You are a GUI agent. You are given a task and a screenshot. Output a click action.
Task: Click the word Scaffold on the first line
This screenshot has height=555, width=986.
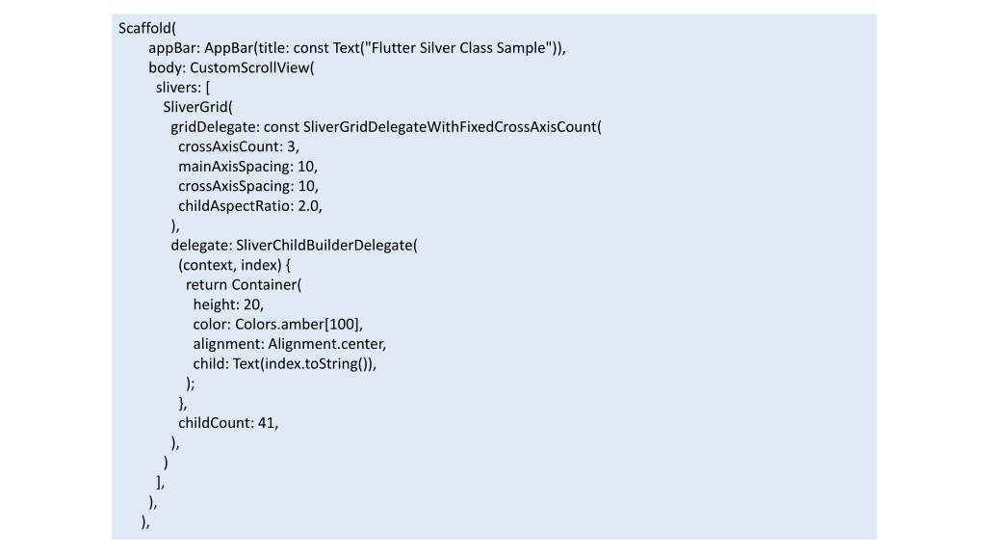145,28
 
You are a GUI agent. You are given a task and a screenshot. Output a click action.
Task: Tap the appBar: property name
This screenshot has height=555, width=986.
174,48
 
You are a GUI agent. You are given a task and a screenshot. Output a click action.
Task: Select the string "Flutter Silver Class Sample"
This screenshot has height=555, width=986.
458,48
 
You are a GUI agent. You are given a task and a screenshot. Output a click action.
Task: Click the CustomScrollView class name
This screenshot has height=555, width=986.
249,68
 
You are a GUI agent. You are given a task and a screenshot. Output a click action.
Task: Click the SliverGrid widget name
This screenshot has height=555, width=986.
195,107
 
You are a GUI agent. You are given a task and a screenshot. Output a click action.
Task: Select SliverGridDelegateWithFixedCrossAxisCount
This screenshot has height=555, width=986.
450,127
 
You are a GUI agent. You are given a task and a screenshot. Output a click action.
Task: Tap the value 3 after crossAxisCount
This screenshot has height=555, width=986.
291,146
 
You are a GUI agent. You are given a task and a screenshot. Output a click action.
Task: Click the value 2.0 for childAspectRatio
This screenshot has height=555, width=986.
308,206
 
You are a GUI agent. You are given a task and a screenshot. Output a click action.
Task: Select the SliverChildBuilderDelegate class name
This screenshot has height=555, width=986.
324,246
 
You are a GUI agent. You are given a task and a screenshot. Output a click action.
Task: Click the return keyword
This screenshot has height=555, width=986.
206,285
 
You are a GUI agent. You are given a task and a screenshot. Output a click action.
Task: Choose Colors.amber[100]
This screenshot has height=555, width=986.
297,325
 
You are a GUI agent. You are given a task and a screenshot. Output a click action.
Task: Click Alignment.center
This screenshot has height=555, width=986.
325,344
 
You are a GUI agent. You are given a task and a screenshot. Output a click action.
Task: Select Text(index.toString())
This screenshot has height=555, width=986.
303,363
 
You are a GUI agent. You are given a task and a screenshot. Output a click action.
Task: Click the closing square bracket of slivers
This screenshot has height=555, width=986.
159,482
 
